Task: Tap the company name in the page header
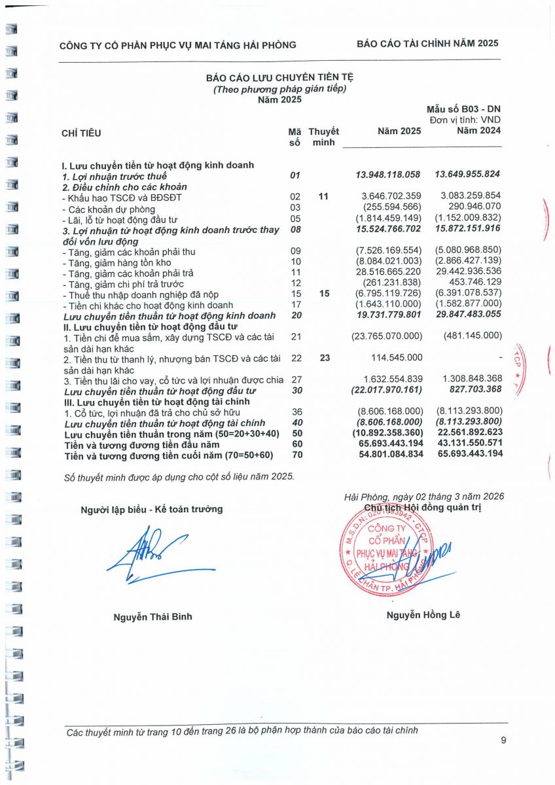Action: (x=177, y=45)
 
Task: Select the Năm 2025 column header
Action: (x=399, y=131)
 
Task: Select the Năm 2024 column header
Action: (x=478, y=131)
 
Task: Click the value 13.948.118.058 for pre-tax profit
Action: (x=388, y=175)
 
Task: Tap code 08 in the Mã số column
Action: (x=295, y=230)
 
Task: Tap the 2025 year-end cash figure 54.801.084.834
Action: (x=388, y=454)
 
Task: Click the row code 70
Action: (x=295, y=454)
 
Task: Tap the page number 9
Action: (x=503, y=740)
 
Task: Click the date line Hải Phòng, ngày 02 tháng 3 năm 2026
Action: (x=423, y=497)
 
